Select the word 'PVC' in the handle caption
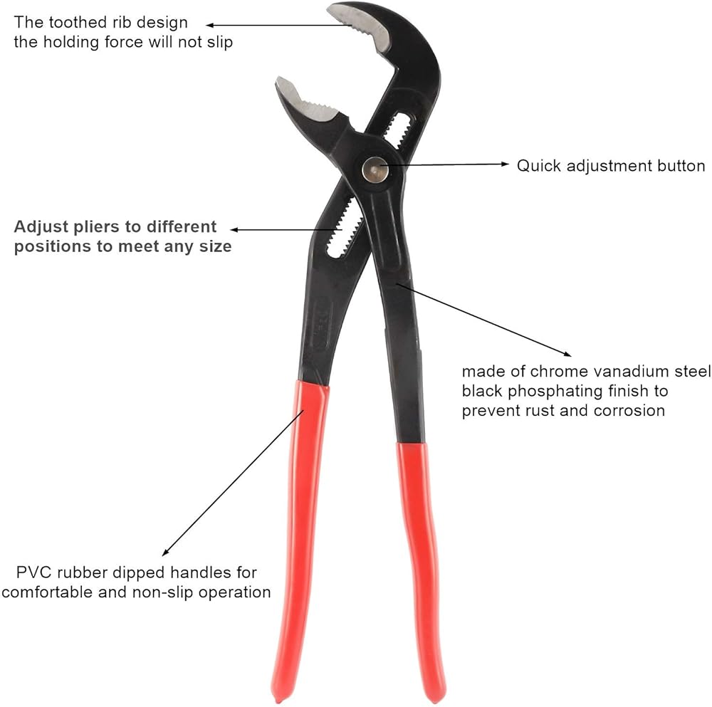(33, 572)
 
